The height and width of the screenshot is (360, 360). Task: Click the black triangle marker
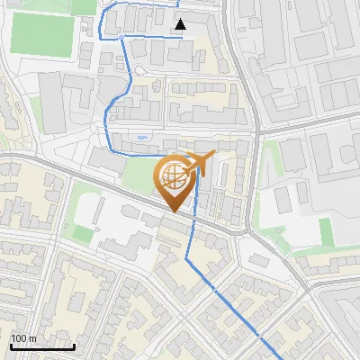point(181,24)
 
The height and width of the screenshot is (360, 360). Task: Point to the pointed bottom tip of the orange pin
point(175,212)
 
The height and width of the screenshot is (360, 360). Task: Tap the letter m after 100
point(32,338)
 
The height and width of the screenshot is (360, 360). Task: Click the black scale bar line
point(41,346)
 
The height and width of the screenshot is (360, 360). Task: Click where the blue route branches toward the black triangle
point(122,37)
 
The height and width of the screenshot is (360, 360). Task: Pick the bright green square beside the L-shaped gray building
point(83,234)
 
